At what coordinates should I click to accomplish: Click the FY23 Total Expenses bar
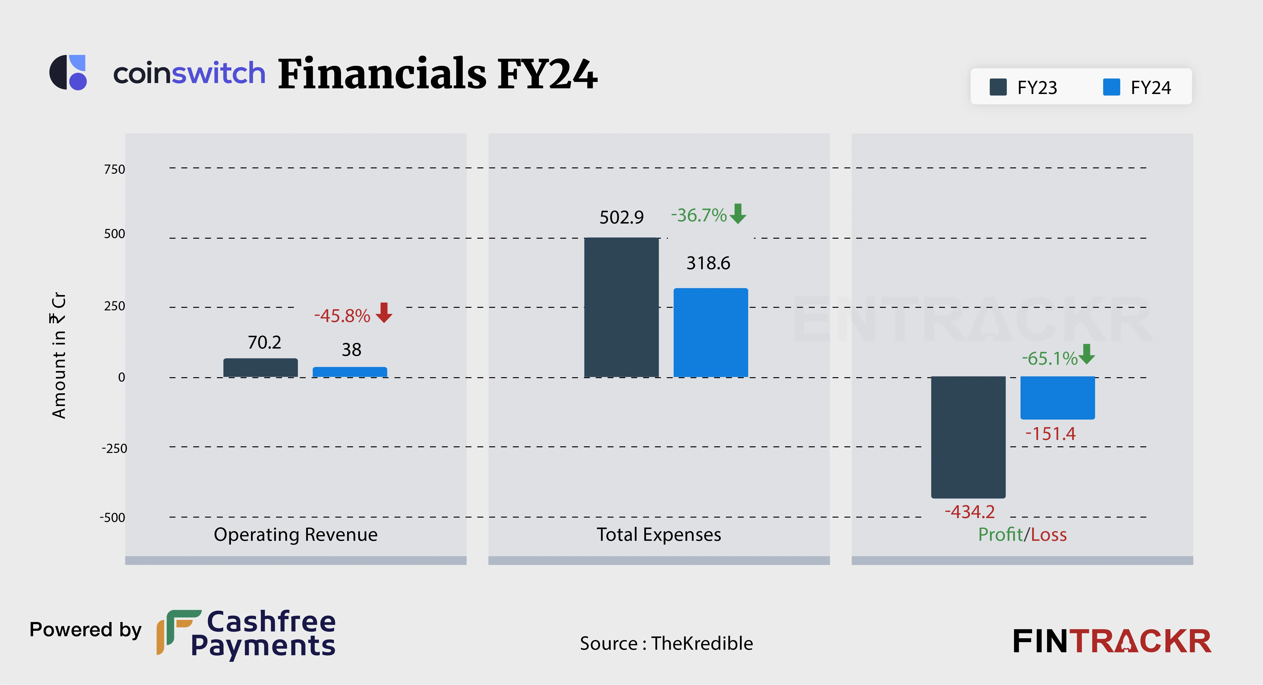pyautogui.click(x=621, y=307)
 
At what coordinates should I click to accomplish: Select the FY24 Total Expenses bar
pyautogui.click(x=710, y=332)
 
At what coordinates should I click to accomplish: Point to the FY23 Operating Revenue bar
pyautogui.click(x=260, y=368)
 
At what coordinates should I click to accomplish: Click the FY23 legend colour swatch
pyautogui.click(x=998, y=87)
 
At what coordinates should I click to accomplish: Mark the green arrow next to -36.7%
pyautogui.click(x=738, y=214)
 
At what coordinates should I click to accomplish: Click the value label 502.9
pyautogui.click(x=621, y=217)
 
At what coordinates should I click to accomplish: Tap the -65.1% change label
pyautogui.click(x=1049, y=358)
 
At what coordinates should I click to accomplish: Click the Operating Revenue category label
pyautogui.click(x=296, y=534)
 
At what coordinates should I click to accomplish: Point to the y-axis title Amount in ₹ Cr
pyautogui.click(x=59, y=355)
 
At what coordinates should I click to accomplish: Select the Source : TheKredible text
pyautogui.click(x=666, y=643)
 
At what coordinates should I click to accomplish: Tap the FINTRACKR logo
pyautogui.click(x=1111, y=641)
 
